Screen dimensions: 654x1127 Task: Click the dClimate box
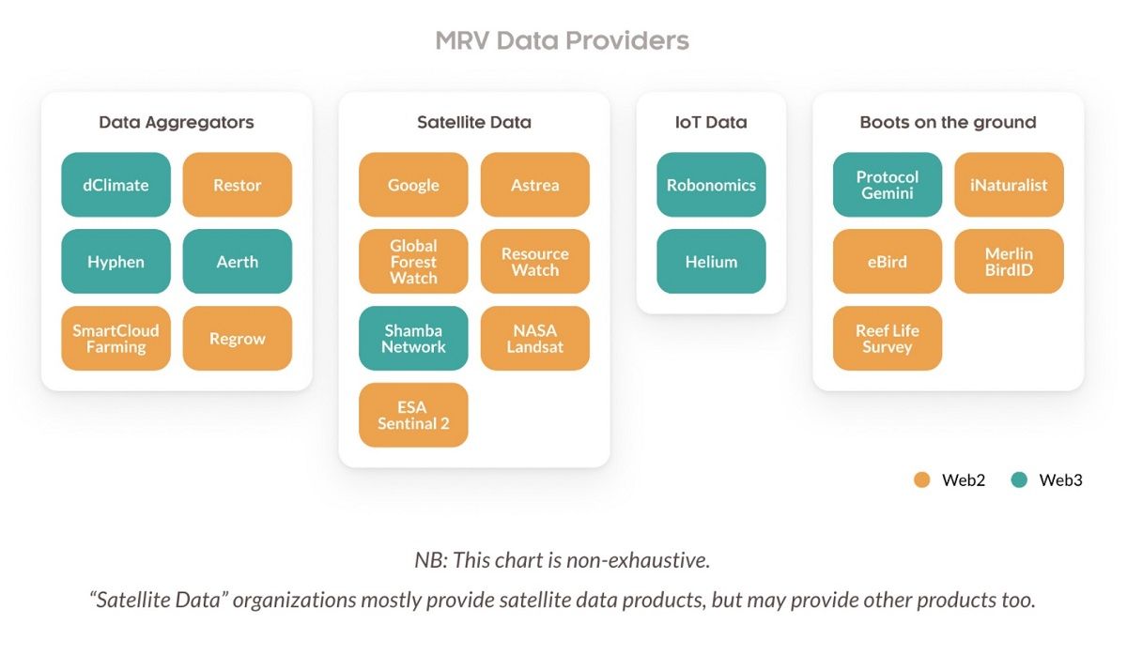[x=116, y=185]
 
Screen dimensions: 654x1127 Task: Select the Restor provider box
[x=237, y=185]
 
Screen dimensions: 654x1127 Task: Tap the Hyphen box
[x=116, y=262]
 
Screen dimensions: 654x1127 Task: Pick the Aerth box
[x=237, y=262]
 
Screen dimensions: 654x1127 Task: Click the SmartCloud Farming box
[x=116, y=339]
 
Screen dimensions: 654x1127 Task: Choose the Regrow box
[x=237, y=339]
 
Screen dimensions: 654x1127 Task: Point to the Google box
[x=413, y=185]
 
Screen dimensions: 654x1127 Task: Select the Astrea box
[x=534, y=185]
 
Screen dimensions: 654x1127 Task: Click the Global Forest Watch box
[x=413, y=262]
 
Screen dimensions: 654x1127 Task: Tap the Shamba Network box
[x=413, y=339]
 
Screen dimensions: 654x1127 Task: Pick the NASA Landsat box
[x=534, y=339]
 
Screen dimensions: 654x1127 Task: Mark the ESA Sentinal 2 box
[x=413, y=415]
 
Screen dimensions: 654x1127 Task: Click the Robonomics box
[x=711, y=185]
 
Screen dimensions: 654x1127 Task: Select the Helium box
[x=711, y=262]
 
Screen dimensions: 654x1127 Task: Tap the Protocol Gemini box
[x=888, y=185]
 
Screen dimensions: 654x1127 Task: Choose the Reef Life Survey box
[x=888, y=339]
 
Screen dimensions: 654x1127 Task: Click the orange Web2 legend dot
[x=921, y=480]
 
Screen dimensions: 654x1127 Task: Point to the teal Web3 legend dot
[x=1019, y=480]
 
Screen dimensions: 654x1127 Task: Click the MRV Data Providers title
[x=562, y=41]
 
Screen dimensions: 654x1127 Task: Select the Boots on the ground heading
[x=948, y=122]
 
